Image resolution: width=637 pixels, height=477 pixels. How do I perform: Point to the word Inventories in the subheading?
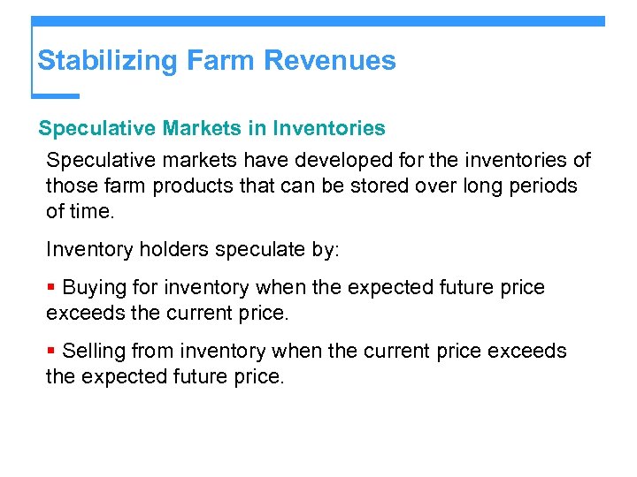[x=329, y=129]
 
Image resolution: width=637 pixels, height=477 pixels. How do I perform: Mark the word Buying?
[x=95, y=288]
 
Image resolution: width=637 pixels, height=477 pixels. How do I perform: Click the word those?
[x=70, y=186]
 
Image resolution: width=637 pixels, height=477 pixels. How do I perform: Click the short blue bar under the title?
[x=57, y=95]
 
